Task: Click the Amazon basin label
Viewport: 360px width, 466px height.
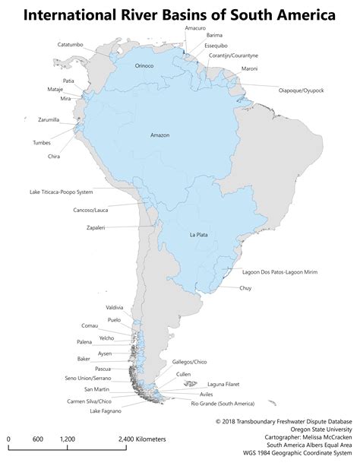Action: point(160,135)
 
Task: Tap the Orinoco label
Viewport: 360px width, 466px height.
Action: point(144,65)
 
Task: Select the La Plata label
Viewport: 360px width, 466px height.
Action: point(199,234)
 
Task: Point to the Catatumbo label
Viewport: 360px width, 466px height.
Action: point(71,45)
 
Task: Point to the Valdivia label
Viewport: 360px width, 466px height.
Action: point(115,306)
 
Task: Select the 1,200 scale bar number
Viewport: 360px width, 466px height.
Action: point(67,439)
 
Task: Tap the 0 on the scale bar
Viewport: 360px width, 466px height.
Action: point(8,439)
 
